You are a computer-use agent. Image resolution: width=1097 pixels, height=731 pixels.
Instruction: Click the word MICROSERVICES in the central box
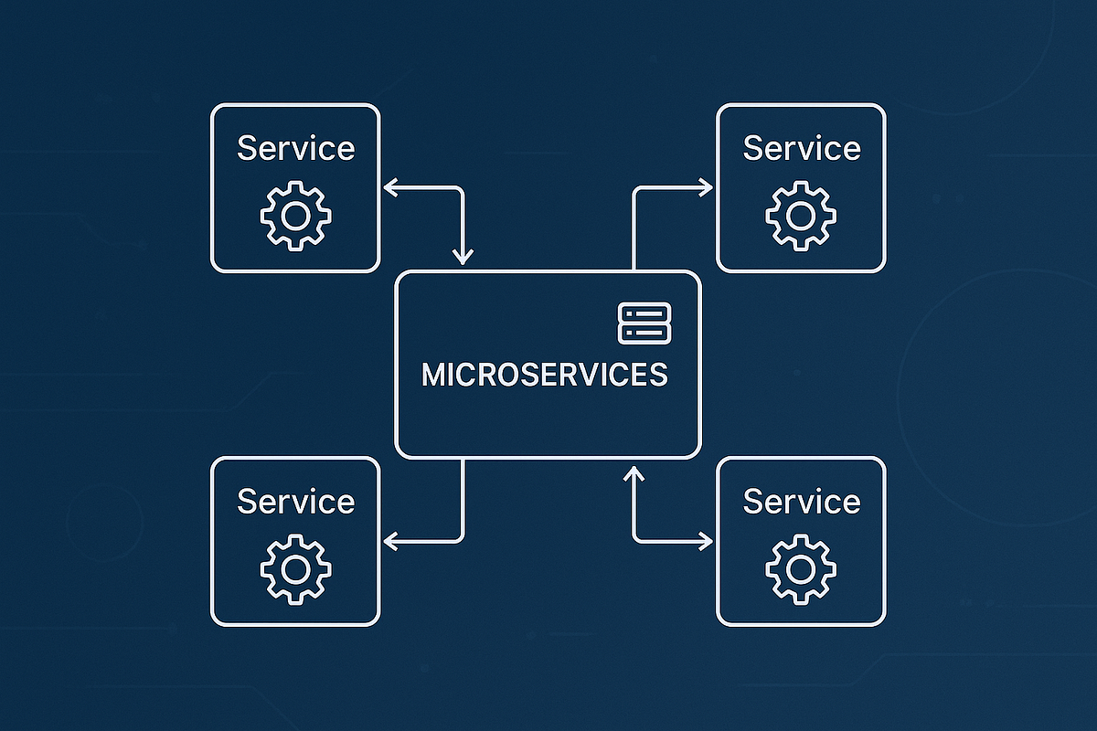544,376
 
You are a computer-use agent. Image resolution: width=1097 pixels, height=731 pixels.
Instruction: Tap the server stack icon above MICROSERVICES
644,323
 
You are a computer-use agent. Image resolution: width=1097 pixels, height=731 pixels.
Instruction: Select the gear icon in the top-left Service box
295,216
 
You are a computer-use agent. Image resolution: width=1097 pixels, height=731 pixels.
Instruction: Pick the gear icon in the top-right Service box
801,216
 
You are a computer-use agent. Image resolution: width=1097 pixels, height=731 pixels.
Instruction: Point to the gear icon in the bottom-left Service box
295,569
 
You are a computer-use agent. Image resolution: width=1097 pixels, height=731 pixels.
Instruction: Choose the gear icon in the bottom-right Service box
801,569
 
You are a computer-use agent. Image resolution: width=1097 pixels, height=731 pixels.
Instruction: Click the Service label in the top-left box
295,148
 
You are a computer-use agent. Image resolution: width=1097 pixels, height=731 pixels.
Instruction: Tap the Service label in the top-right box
801,148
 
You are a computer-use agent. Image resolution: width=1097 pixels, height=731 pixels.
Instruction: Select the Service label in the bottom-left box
295,502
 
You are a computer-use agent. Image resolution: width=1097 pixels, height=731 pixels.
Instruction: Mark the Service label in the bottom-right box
801,502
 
